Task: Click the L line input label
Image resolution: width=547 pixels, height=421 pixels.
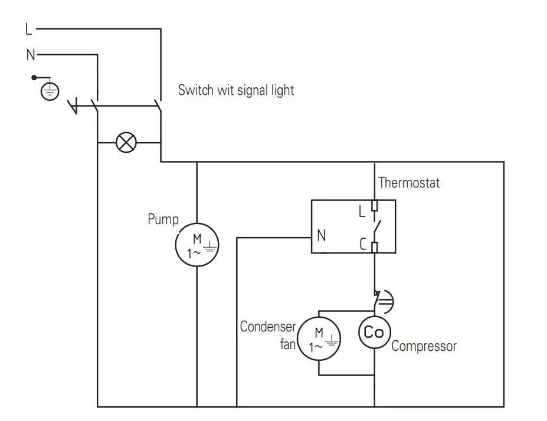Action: point(30,28)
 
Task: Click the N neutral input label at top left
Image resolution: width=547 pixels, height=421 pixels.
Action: point(31,55)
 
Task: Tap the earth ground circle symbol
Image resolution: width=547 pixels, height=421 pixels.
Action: point(50,91)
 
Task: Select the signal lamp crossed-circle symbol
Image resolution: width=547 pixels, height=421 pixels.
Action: point(126,143)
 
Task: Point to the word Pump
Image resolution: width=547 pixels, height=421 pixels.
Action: point(163,220)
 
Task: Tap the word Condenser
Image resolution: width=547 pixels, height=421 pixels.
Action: point(267,327)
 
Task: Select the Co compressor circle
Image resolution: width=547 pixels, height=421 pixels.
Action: point(374,333)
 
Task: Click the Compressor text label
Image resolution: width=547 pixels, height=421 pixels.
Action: point(424,346)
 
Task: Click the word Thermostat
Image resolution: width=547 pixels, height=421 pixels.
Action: point(409,182)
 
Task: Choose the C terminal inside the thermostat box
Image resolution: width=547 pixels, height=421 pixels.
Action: point(363,244)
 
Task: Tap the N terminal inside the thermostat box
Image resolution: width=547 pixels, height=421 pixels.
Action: point(321,236)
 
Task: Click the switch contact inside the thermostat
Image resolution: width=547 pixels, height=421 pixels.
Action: point(376,226)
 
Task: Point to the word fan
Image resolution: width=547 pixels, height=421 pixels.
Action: point(287,344)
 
